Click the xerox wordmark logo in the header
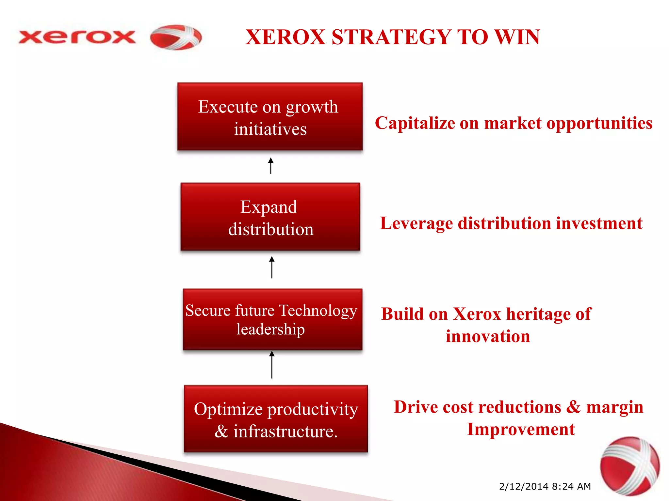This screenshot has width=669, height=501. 77,37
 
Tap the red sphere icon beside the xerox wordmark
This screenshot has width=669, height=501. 176,37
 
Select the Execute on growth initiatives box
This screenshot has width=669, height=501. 270,117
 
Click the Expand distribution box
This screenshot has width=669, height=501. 270,217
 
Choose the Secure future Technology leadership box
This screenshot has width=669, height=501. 272,319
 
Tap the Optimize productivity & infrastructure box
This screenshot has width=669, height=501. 276,419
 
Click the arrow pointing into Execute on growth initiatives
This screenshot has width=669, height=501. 270,166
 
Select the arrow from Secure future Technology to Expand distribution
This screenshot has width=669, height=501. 271,267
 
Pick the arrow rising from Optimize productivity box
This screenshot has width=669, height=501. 271,365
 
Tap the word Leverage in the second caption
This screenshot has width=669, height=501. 416,224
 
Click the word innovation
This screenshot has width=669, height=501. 488,336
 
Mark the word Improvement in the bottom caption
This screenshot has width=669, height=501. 521,429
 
